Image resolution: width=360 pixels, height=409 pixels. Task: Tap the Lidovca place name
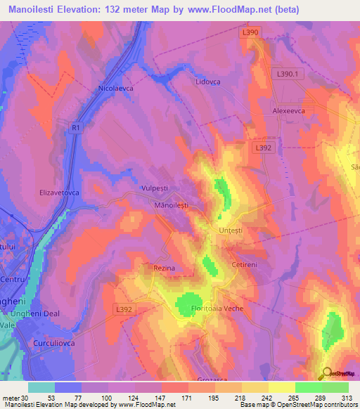pyautogui.click(x=207, y=82)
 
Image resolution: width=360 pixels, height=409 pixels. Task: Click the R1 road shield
pyautogui.click(x=76, y=127)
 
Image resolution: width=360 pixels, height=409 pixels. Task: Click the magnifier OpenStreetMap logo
pyautogui.click(x=327, y=372)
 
